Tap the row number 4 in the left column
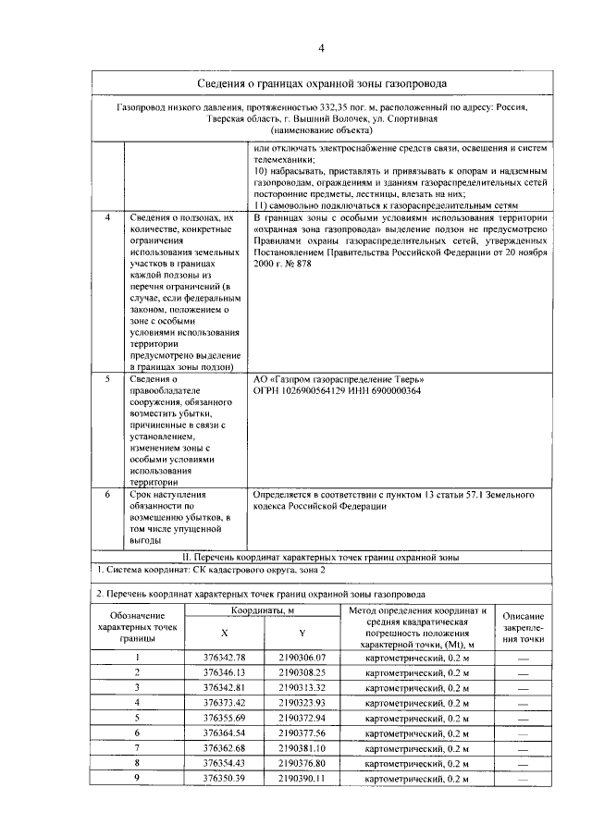pyautogui.click(x=108, y=216)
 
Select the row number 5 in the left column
pyautogui.click(x=108, y=379)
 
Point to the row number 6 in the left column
pyautogui.click(x=108, y=496)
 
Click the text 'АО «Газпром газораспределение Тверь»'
pyautogui.click(x=339, y=379)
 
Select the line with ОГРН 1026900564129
pyautogui.click(x=337, y=391)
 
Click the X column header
pyautogui.click(x=225, y=633)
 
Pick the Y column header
pyautogui.click(x=302, y=633)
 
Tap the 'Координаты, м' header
pyautogui.click(x=263, y=611)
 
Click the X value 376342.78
pyautogui.click(x=225, y=657)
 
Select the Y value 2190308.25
pyautogui.click(x=302, y=672)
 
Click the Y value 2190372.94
pyautogui.click(x=302, y=718)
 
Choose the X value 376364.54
pyautogui.click(x=225, y=732)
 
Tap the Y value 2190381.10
pyautogui.click(x=302, y=747)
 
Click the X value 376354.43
pyautogui.click(x=225, y=763)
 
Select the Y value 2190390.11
pyautogui.click(x=302, y=779)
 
